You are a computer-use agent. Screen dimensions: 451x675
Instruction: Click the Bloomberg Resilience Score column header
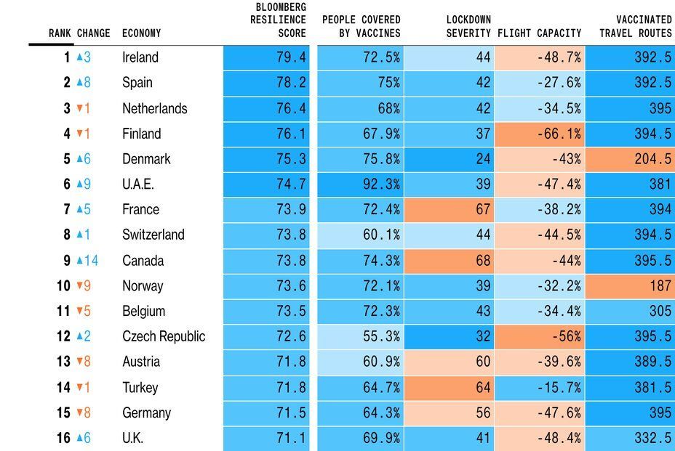pos(278,20)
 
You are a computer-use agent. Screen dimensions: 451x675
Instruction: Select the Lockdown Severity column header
pos(468,26)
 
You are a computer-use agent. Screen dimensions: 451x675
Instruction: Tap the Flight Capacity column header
pos(539,33)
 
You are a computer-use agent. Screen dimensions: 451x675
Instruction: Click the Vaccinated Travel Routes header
pos(635,26)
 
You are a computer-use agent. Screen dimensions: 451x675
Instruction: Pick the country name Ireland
pos(140,57)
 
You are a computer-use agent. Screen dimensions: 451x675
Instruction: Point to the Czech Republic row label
pos(164,336)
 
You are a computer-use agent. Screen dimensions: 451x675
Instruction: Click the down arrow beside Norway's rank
pos(79,286)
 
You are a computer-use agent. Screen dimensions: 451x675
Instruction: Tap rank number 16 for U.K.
pos(63,438)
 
